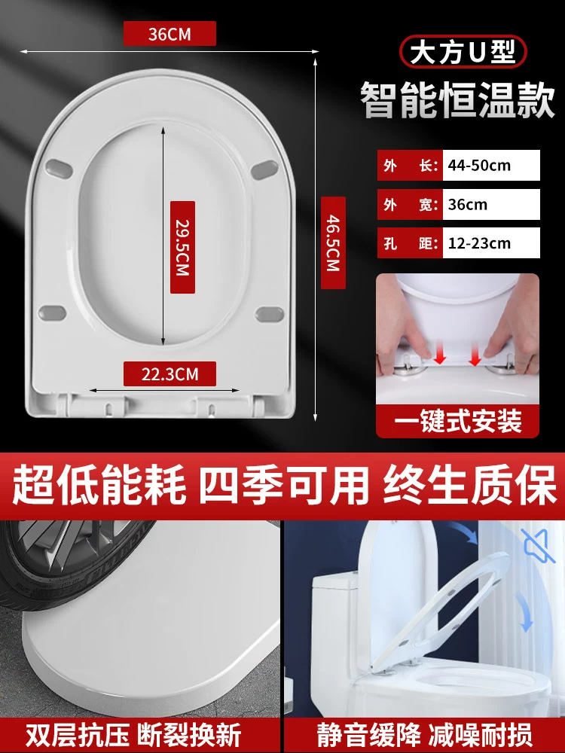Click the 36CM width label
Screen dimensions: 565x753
click(x=169, y=34)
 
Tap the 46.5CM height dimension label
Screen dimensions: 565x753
click(x=333, y=242)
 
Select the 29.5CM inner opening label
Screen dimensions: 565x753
click(x=182, y=247)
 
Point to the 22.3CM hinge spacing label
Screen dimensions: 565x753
click(x=169, y=373)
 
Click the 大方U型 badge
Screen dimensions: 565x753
click(x=463, y=51)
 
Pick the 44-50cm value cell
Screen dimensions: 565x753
click(x=491, y=165)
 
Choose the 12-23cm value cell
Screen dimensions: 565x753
click(x=491, y=243)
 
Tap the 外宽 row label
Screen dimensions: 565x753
click(x=410, y=205)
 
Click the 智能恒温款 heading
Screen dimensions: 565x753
click(x=458, y=100)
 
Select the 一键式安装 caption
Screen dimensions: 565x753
click(x=457, y=422)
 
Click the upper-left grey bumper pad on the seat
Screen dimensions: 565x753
click(x=59, y=169)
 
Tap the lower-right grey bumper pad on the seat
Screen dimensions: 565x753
click(x=269, y=315)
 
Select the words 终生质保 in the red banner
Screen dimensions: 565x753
click(x=469, y=486)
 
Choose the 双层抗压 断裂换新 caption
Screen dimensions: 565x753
click(x=133, y=735)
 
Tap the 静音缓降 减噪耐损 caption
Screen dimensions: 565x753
click(x=424, y=735)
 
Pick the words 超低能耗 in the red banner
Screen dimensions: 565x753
click(x=99, y=486)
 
